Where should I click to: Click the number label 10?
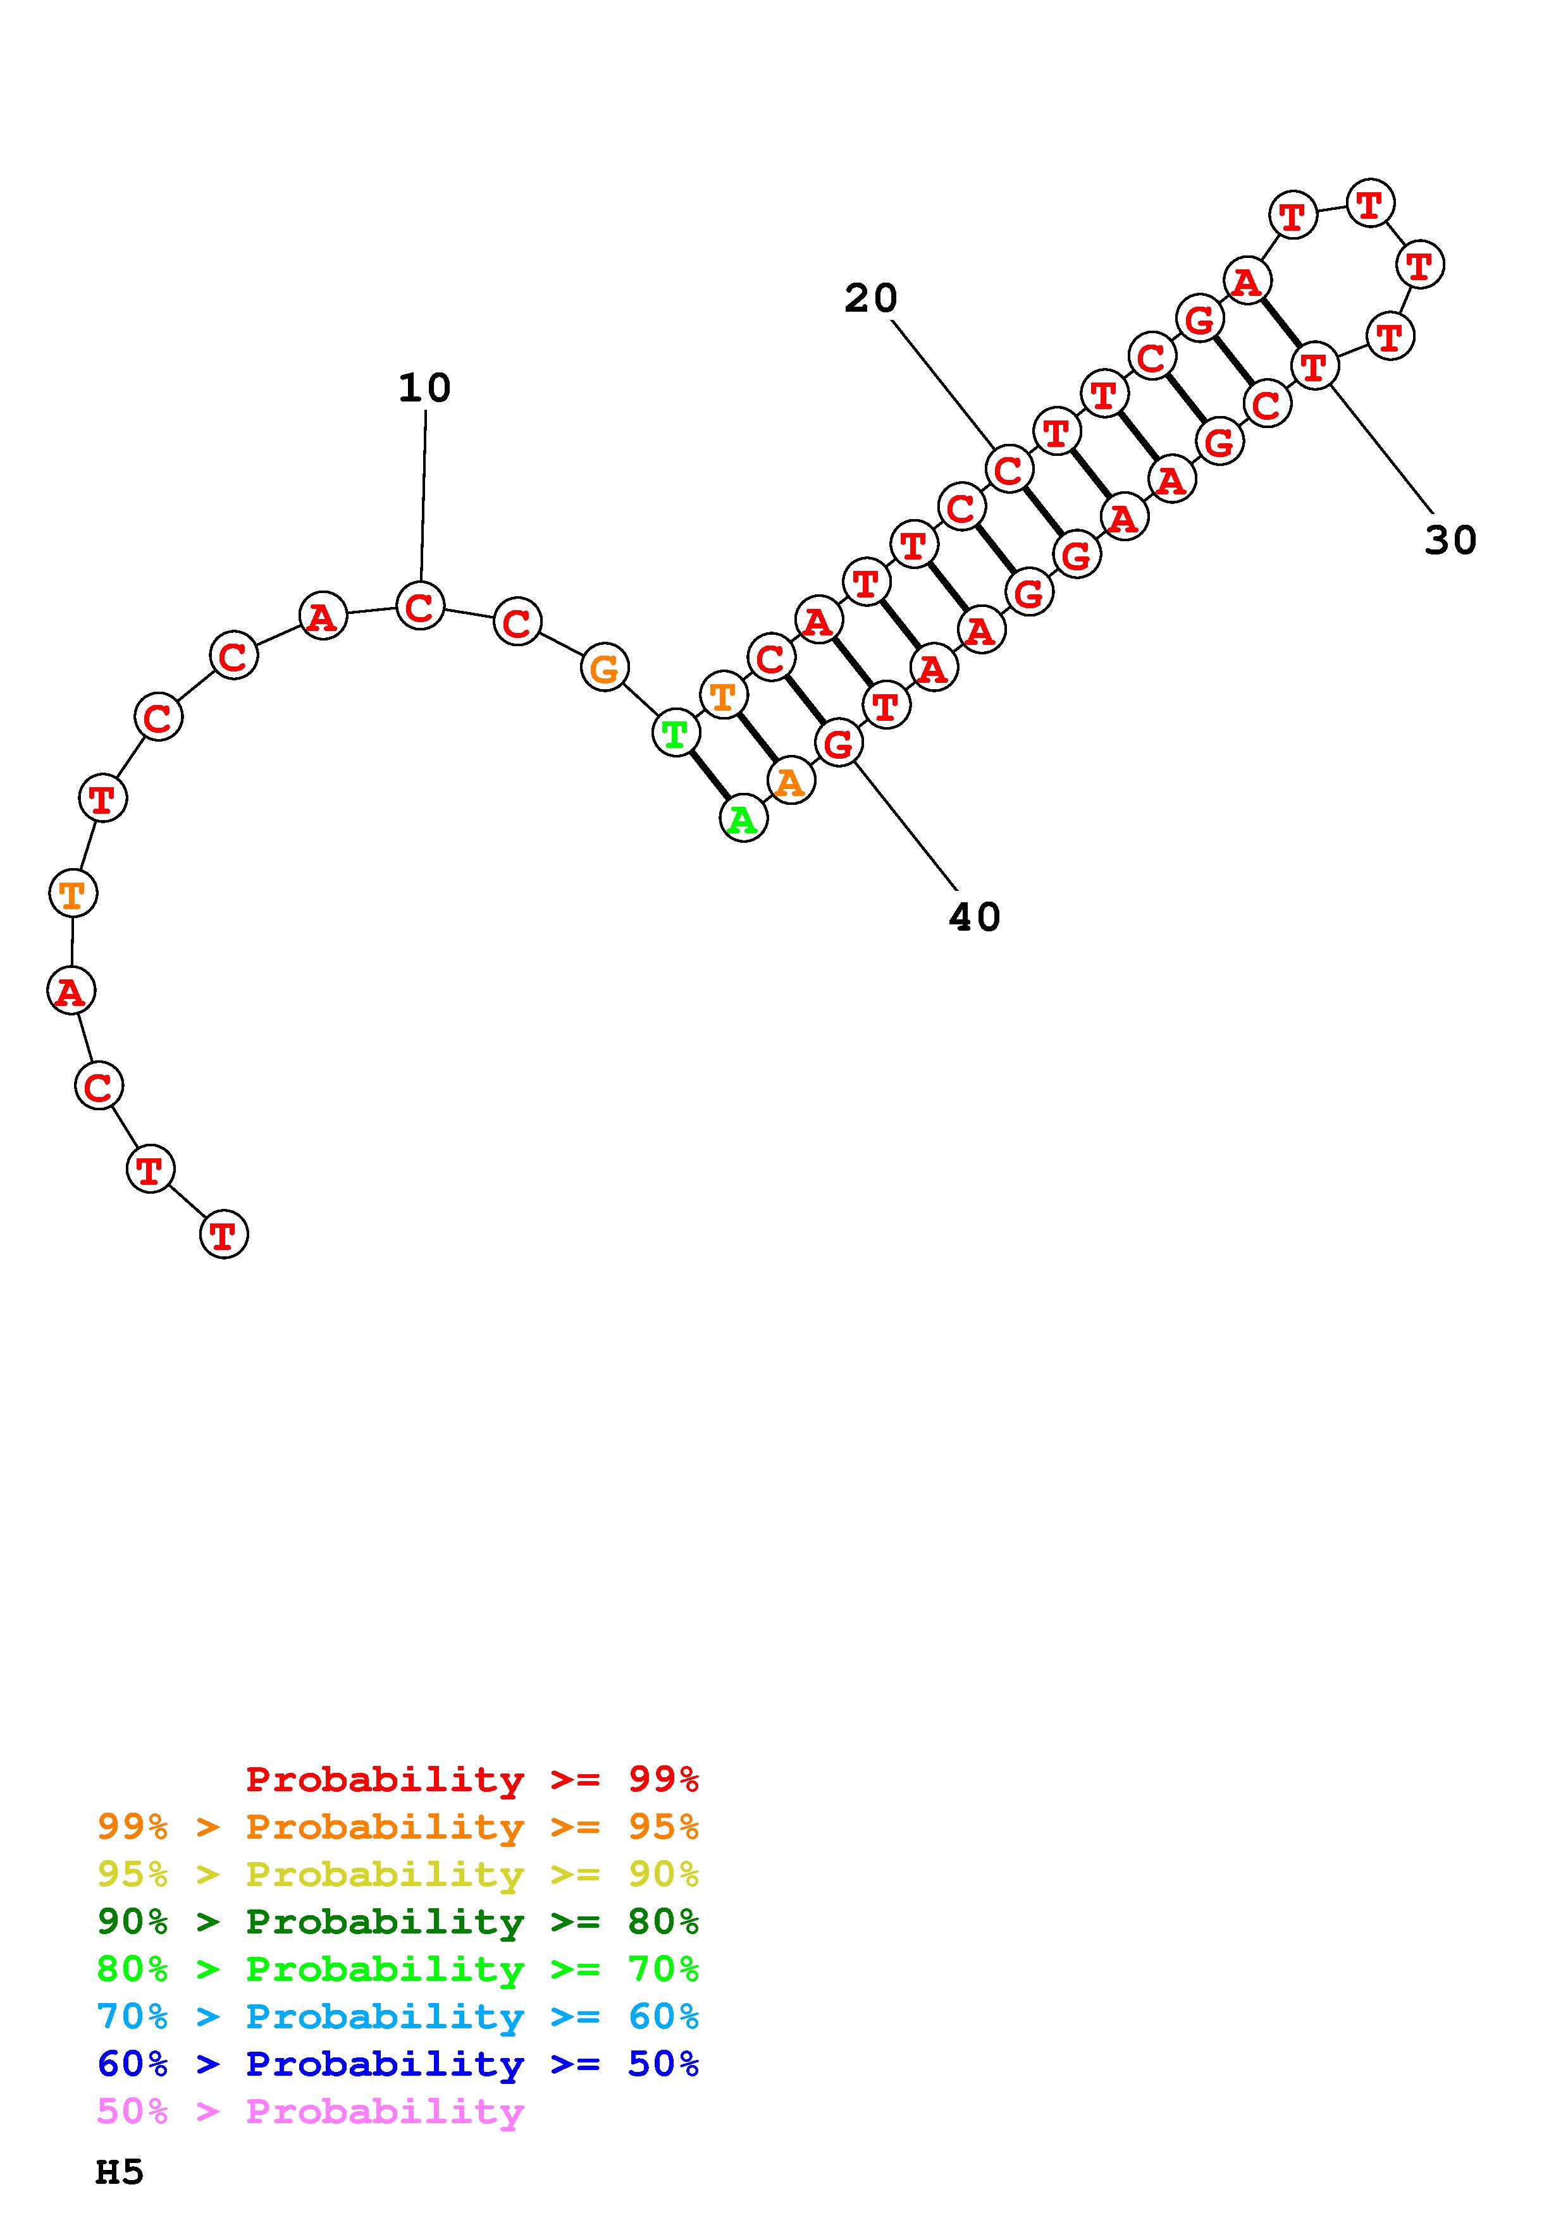coord(424,388)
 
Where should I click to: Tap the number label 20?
coord(870,298)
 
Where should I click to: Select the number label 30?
coord(1450,540)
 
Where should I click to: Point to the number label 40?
coord(974,917)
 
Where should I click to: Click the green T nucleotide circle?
coord(676,734)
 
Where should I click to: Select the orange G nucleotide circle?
coord(605,668)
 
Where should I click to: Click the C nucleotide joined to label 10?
coord(420,607)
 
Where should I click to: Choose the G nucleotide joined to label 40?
coord(839,744)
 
